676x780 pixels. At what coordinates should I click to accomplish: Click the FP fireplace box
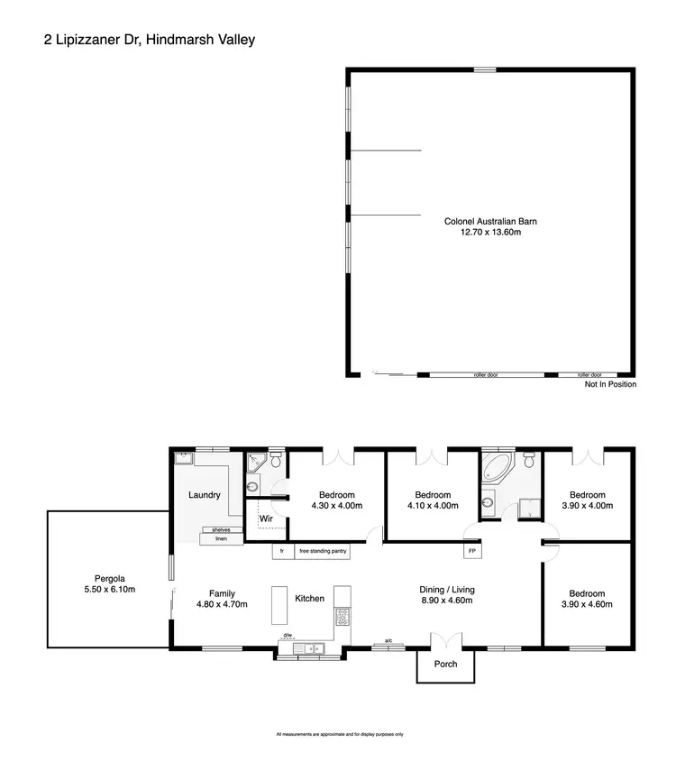pyautogui.click(x=470, y=551)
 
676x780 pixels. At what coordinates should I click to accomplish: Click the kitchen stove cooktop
pyautogui.click(x=343, y=617)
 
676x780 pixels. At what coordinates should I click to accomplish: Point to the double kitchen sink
pyautogui.click(x=312, y=647)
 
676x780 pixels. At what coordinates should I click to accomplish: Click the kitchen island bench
pyautogui.click(x=279, y=606)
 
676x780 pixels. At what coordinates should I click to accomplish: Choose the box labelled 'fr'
pyautogui.click(x=282, y=551)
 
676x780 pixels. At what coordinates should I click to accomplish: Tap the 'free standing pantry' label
pyautogui.click(x=321, y=551)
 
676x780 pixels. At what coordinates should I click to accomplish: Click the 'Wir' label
pyautogui.click(x=266, y=519)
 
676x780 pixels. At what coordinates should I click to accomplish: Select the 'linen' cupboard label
pyautogui.click(x=220, y=539)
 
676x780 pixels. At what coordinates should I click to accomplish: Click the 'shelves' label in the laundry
pyautogui.click(x=220, y=530)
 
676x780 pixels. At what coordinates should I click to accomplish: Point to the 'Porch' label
pyautogui.click(x=446, y=665)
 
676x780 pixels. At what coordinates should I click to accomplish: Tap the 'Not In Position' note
pyautogui.click(x=610, y=384)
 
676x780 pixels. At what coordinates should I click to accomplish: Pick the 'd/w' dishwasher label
pyautogui.click(x=288, y=636)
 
